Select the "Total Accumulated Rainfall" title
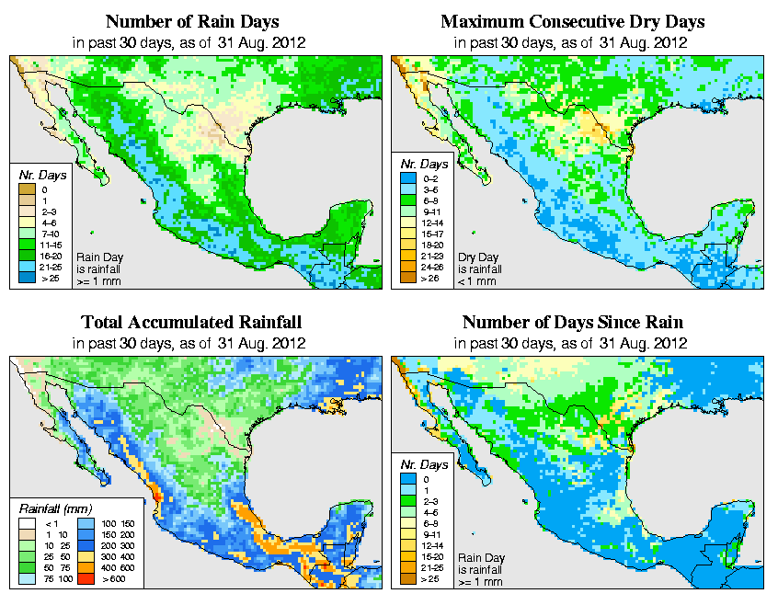(191, 323)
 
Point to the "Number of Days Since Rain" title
(572, 323)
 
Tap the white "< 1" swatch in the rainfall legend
(27, 522)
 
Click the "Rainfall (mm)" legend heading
(56, 508)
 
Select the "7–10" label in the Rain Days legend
(50, 235)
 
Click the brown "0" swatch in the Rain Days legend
(27, 188)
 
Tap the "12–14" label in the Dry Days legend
(431, 223)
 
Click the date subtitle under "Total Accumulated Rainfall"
(191, 343)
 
